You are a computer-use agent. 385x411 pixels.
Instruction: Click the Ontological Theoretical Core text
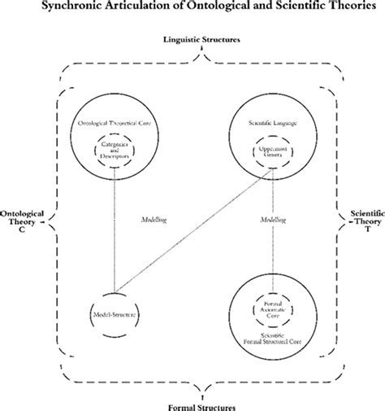point(115,123)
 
